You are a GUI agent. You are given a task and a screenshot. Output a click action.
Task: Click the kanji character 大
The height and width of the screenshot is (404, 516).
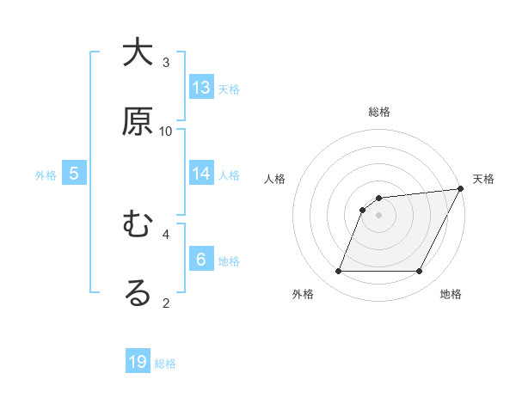pos(138,53)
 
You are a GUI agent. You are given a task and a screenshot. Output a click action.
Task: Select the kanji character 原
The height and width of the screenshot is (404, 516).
pos(138,121)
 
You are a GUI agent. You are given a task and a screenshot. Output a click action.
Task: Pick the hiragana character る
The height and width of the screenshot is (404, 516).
pos(138,292)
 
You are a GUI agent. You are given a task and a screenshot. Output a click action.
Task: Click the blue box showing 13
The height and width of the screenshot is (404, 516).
pos(201,88)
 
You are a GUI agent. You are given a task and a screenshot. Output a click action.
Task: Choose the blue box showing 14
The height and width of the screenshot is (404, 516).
pos(201,173)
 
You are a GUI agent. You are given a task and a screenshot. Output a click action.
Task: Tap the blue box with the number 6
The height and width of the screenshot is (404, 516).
pos(201,259)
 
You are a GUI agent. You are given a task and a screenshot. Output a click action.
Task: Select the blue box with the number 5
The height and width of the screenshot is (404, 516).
pos(74,173)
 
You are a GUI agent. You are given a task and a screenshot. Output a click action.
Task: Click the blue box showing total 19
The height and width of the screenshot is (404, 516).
pos(138,362)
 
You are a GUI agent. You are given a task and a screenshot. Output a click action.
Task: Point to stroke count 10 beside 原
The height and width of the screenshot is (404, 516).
pos(166,131)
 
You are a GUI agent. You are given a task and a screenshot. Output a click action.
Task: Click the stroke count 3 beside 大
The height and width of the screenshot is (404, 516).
pos(166,62)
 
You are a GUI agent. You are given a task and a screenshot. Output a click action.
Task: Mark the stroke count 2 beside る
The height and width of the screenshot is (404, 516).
pos(166,302)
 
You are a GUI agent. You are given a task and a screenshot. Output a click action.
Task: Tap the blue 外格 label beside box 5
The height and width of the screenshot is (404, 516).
pos(46,174)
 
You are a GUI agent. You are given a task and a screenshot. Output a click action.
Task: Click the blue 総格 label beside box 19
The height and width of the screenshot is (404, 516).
pos(165,364)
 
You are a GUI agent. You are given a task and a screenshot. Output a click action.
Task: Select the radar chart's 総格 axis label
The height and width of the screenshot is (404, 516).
pos(379,113)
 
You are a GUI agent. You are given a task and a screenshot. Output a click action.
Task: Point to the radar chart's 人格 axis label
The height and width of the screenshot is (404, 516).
pos(275,179)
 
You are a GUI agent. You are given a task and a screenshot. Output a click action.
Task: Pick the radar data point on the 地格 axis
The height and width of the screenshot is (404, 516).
pos(420,272)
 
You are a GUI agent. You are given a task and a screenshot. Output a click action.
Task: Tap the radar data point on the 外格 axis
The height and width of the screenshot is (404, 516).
pos(338,272)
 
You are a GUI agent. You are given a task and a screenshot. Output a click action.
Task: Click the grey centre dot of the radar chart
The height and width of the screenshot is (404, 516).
pos(379,216)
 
